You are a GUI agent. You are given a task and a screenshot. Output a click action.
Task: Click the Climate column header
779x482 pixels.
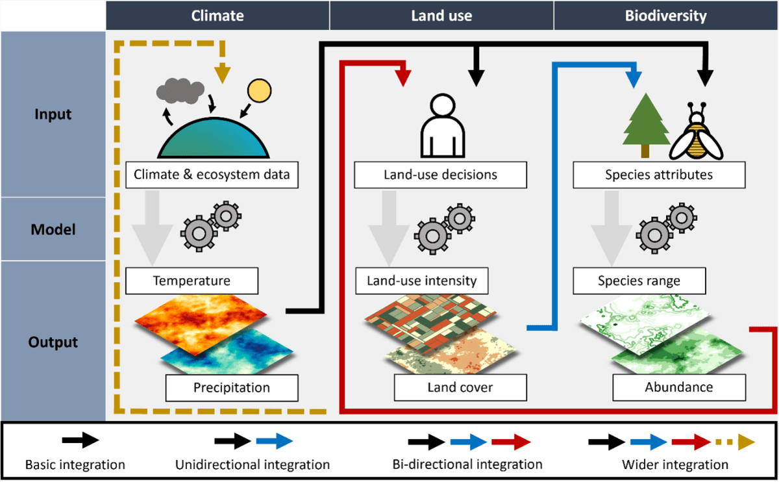[217, 15]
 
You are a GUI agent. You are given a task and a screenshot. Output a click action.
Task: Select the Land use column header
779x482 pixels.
[441, 15]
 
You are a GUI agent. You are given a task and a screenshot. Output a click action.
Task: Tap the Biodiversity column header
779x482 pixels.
[665, 15]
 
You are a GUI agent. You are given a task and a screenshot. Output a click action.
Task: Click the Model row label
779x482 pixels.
[53, 229]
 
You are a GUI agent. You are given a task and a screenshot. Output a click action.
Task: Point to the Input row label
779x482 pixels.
[53, 114]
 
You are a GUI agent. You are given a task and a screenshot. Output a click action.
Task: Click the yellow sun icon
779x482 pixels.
[258, 91]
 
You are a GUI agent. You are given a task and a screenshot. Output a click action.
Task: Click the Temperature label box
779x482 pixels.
[192, 281]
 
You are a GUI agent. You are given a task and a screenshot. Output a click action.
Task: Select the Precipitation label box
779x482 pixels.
[232, 388]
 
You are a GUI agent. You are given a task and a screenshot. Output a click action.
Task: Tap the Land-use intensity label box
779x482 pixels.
[422, 281]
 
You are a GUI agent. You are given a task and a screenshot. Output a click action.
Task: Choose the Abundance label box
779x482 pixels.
[678, 388]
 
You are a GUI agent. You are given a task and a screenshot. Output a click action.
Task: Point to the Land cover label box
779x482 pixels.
[460, 388]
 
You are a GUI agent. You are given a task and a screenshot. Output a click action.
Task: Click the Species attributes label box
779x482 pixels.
[658, 175]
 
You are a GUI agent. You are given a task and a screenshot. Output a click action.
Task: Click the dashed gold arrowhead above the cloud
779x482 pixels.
[223, 74]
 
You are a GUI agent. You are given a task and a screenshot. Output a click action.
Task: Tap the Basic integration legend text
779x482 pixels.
[75, 464]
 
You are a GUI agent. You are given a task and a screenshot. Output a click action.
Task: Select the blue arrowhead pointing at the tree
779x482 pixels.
[633, 79]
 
